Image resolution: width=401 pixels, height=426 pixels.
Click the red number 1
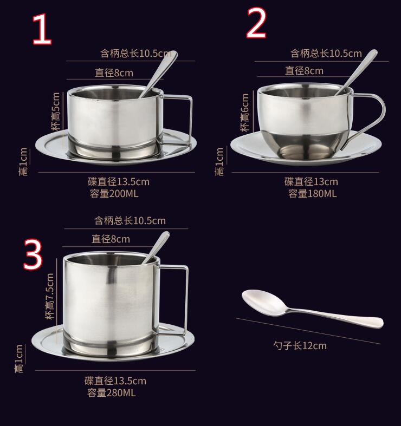[x=42, y=30]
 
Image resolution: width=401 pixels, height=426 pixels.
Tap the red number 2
[x=256, y=23]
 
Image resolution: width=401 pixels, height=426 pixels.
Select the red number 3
[x=33, y=254]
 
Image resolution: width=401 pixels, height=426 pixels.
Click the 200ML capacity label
[x=114, y=194]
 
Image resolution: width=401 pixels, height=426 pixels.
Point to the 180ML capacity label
[x=312, y=194]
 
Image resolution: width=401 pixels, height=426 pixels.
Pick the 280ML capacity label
[x=111, y=393]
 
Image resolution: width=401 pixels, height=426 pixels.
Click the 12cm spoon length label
[x=300, y=346]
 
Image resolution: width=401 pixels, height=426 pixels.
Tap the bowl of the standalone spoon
[x=261, y=302]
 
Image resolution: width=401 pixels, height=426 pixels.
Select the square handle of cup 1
[x=191, y=120]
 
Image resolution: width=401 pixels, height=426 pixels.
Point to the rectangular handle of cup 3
[x=186, y=299]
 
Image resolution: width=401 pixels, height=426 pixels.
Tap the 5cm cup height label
[x=56, y=112]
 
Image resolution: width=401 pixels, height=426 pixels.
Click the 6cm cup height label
[x=244, y=113]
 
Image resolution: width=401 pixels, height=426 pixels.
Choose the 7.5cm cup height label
[x=50, y=296]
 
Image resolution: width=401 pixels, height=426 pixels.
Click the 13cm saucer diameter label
[x=311, y=181]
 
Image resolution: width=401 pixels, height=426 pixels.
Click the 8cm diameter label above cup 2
[x=304, y=71]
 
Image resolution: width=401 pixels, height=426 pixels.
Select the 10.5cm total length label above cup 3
[x=130, y=220]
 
